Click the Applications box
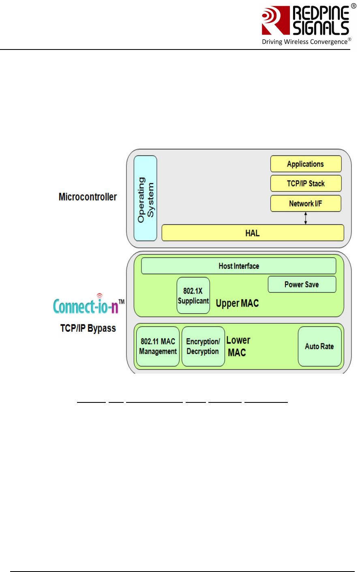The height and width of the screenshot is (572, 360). click(x=306, y=164)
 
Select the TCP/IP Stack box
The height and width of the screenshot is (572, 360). click(x=306, y=183)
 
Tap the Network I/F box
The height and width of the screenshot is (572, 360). click(x=306, y=204)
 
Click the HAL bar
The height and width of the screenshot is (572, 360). click(x=253, y=233)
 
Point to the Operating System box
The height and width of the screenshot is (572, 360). click(x=145, y=198)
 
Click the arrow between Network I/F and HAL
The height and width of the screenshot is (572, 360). click(x=306, y=218)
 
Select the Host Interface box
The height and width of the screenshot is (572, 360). click(x=238, y=266)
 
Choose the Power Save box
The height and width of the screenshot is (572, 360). click(x=302, y=284)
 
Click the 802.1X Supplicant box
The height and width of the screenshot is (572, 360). click(x=193, y=296)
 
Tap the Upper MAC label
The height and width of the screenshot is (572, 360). click(x=237, y=303)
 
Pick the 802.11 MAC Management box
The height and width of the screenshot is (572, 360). click(x=158, y=346)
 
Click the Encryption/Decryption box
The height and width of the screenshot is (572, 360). click(x=203, y=346)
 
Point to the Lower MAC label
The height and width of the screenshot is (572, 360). click(x=238, y=346)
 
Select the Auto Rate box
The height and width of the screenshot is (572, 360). click(x=319, y=346)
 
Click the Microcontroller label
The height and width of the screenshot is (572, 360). click(x=88, y=197)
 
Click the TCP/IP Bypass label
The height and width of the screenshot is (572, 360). click(x=88, y=328)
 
